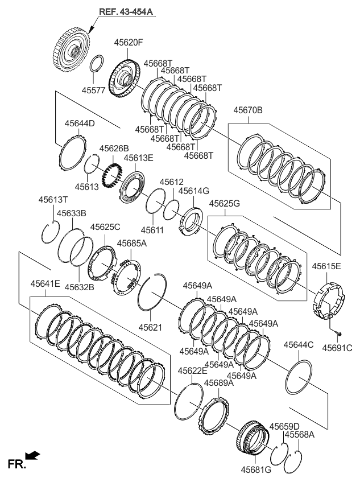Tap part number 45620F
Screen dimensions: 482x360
point(129,42)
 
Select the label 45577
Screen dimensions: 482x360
point(94,90)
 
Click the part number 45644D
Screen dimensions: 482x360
point(79,123)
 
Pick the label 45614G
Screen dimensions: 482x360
point(194,191)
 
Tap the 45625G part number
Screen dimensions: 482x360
point(224,203)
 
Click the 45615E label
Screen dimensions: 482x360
point(326,266)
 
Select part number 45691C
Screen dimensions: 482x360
point(337,347)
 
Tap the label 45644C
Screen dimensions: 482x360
point(299,345)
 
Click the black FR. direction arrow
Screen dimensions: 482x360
point(34,455)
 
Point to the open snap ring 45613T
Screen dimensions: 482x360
point(49,232)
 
